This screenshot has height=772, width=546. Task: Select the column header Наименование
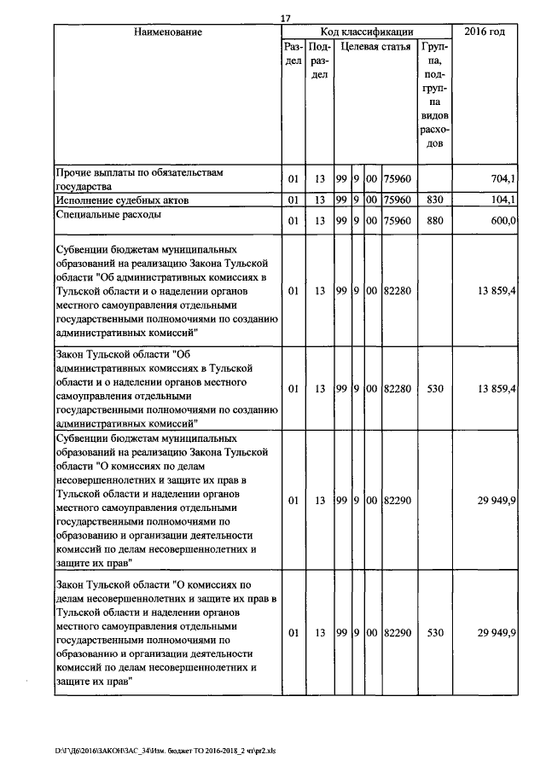coord(168,32)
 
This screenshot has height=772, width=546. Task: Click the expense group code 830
coord(435,200)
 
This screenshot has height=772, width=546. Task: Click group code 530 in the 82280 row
coord(435,389)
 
